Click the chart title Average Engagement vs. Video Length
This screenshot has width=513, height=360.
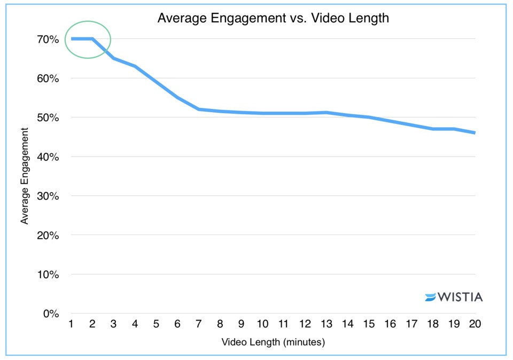point(273,19)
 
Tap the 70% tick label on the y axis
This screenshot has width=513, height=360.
point(48,39)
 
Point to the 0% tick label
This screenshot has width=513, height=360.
point(51,314)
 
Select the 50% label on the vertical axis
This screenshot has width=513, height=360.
point(48,118)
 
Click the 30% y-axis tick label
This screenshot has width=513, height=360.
point(48,196)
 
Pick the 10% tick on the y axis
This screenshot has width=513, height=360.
point(48,275)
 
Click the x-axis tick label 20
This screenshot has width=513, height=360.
point(475,324)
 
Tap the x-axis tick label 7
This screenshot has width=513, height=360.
point(199,324)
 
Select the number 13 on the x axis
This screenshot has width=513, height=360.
point(326,324)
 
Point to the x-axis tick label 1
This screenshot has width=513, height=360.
point(71,324)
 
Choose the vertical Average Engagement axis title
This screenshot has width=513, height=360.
point(25,176)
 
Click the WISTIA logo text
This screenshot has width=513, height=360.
point(460,297)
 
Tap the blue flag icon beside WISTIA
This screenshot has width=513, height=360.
point(431,297)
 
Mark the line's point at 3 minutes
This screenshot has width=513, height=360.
point(114,58)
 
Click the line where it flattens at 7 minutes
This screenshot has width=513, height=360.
point(199,109)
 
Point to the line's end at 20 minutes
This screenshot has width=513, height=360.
point(475,132)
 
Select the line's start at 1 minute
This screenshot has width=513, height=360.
point(72,38)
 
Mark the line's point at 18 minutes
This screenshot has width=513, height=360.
point(432,129)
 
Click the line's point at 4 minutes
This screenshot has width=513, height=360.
point(135,66)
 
